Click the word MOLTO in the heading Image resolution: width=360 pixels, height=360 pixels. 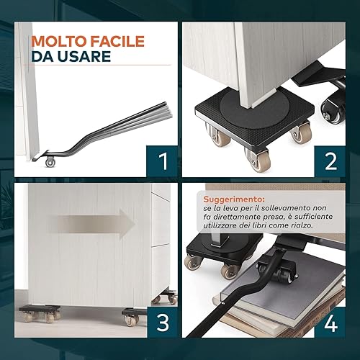click(x=60, y=41)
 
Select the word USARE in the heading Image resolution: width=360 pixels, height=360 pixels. click(x=80, y=57)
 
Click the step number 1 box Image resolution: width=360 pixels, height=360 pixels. click(x=162, y=161)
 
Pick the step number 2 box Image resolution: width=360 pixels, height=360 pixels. click(x=330, y=161)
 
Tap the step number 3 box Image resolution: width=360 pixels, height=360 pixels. click(x=162, y=323)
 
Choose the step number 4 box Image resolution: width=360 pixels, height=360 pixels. click(x=330, y=323)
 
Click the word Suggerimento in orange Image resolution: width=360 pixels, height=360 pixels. click(x=234, y=199)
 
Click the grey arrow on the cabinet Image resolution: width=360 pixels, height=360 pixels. click(x=91, y=224)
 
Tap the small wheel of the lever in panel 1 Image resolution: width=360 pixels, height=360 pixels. click(x=50, y=162)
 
